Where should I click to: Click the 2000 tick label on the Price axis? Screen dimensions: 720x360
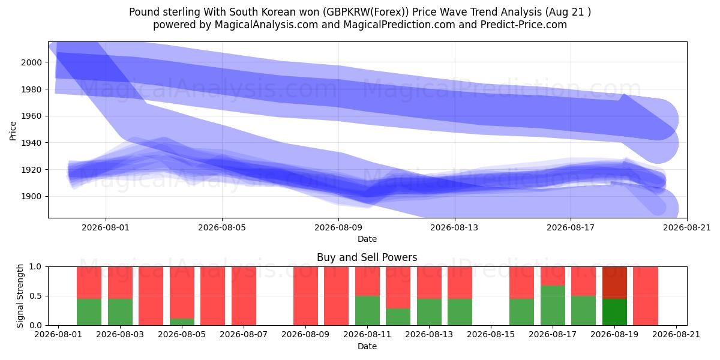pyautogui.click(x=31, y=62)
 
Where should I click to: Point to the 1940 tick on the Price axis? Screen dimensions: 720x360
pyautogui.click(x=31, y=143)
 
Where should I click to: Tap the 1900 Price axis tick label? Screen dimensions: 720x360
pyautogui.click(x=31, y=196)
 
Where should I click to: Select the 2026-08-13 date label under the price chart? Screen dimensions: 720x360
pyautogui.click(x=454, y=227)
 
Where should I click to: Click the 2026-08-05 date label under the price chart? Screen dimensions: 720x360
pyautogui.click(x=222, y=227)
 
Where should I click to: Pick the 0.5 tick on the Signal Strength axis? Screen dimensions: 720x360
pyautogui.click(x=35, y=296)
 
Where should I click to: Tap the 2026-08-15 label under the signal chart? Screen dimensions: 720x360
pyautogui.click(x=491, y=335)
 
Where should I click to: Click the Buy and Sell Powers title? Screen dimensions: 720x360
pyautogui.click(x=367, y=257)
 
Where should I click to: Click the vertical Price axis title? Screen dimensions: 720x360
pyautogui.click(x=13, y=131)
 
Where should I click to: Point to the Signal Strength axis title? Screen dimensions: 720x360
pyautogui.click(x=20, y=296)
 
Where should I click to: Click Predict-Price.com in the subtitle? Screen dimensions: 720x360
pyautogui.click(x=524, y=25)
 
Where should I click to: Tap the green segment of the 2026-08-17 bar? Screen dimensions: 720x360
pyautogui.click(x=553, y=305)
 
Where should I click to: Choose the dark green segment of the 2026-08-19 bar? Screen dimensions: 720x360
pyautogui.click(x=614, y=312)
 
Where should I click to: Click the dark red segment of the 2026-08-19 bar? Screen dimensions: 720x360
pyautogui.click(x=614, y=283)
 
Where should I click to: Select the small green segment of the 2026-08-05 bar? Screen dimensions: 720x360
pyautogui.click(x=182, y=322)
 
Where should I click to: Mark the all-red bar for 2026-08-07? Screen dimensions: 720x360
pyautogui.click(x=244, y=296)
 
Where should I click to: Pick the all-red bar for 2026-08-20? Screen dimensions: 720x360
pyautogui.click(x=646, y=296)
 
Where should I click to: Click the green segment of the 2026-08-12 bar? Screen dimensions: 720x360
pyautogui.click(x=398, y=317)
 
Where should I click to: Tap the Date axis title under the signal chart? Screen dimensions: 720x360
pyautogui.click(x=367, y=347)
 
